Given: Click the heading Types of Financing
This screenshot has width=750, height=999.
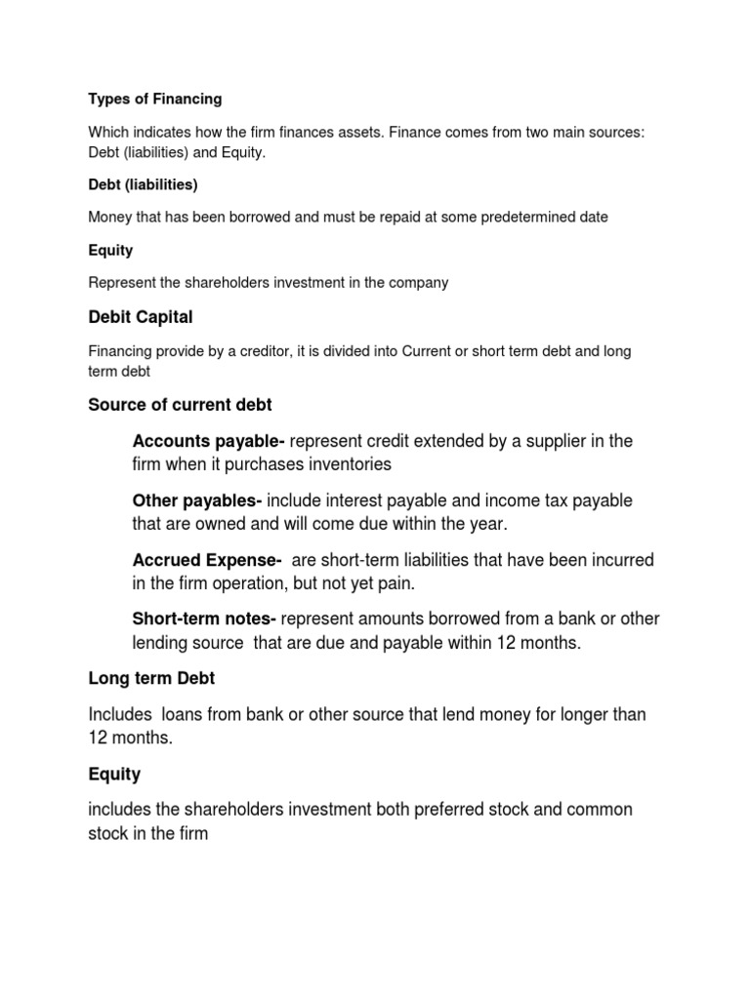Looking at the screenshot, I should click(x=155, y=99).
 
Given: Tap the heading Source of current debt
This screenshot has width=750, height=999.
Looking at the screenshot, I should click(x=180, y=405).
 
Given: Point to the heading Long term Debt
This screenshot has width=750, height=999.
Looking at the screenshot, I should click(x=151, y=679).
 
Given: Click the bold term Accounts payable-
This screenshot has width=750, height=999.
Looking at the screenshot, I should click(x=208, y=441).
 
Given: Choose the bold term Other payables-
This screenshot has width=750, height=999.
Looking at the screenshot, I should click(x=196, y=500).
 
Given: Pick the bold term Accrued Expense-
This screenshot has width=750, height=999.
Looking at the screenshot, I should click(x=207, y=560).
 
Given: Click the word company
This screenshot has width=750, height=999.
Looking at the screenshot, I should click(x=417, y=283).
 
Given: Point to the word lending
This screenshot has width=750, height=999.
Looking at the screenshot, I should click(x=160, y=643).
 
